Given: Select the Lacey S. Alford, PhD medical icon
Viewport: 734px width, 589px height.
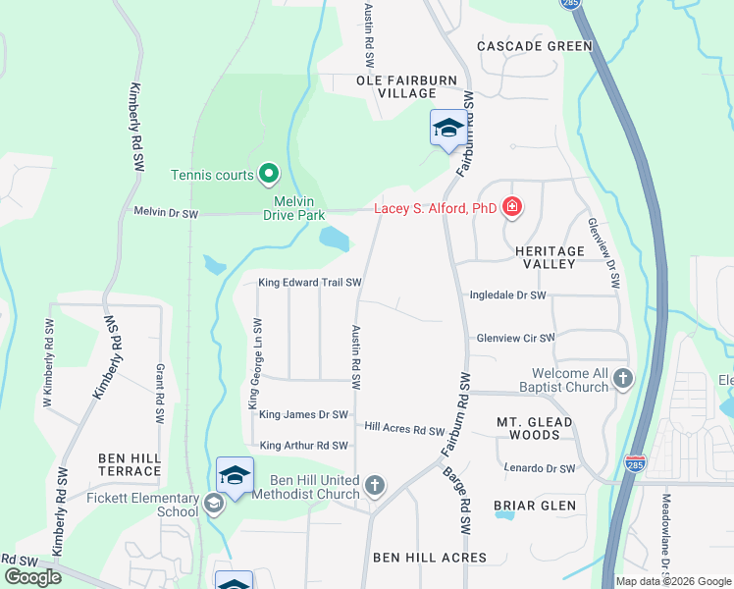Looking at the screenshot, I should tap(511, 207).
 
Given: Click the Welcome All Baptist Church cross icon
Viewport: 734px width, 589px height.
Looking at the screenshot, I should tap(621, 378).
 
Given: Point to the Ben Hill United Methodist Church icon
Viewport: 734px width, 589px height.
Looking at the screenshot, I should tap(373, 485).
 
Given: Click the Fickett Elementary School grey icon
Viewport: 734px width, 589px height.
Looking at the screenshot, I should tap(213, 505).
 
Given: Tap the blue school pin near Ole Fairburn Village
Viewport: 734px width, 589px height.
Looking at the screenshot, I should tap(448, 129).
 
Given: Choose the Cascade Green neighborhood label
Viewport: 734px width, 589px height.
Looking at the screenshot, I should tap(535, 46).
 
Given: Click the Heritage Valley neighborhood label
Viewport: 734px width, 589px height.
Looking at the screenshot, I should tap(550, 258).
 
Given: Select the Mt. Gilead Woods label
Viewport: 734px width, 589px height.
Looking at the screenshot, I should tap(534, 428).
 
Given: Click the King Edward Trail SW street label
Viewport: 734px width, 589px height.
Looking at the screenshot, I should tap(310, 283).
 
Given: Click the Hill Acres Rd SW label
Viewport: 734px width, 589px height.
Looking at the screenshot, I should tap(404, 429).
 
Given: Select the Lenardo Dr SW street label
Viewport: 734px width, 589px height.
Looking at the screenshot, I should tap(539, 468).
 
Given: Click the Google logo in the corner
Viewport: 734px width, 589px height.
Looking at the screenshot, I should tap(32, 577).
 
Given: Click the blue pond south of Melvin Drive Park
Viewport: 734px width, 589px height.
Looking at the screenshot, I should tap(334, 238).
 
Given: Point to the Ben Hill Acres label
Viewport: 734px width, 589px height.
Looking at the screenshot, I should tap(430, 558).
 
